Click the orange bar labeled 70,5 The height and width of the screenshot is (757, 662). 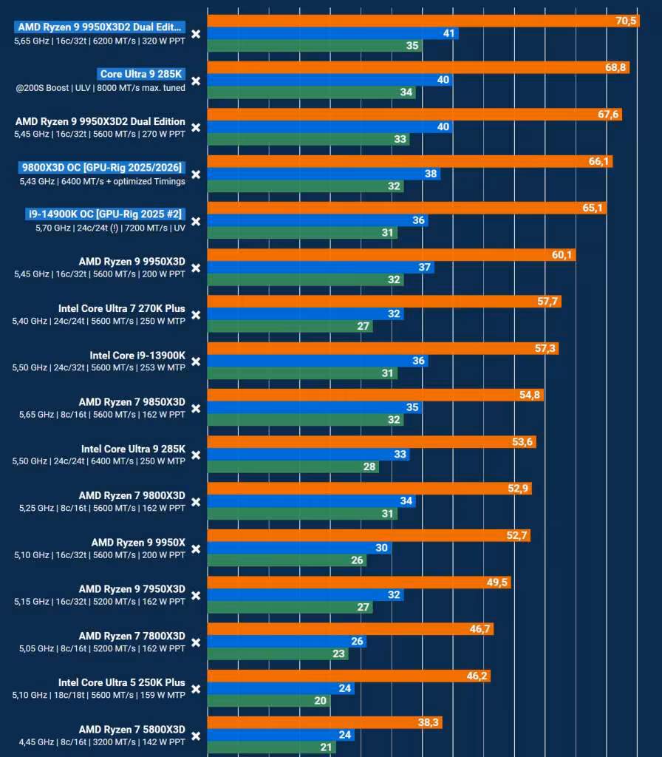423,21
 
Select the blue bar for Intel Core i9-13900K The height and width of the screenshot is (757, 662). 318,361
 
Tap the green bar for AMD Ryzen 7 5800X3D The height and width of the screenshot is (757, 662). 272,747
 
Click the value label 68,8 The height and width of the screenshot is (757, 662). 615,67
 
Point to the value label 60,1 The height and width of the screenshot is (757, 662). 562,254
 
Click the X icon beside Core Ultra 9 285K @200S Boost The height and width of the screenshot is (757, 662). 195,81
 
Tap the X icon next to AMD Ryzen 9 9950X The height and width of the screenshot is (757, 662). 195,549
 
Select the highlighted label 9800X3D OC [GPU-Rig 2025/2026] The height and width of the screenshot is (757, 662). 102,168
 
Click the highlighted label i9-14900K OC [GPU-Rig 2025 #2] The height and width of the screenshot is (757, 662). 105,214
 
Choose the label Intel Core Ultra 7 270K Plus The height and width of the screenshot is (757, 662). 122,308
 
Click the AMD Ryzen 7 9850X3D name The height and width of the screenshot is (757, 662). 132,402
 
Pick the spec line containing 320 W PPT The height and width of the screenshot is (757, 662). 100,41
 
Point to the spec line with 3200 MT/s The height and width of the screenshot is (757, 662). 102,742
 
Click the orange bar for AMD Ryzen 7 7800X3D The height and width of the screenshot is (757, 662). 351,629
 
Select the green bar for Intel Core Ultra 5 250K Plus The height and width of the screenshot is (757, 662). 269,701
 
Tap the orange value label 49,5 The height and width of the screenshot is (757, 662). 497,583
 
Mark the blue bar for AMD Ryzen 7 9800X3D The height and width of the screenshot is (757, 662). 312,501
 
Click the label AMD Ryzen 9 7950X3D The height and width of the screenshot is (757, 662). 132,589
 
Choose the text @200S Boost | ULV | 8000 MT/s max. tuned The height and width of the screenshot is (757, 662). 100,88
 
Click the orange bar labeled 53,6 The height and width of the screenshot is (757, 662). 372,442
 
